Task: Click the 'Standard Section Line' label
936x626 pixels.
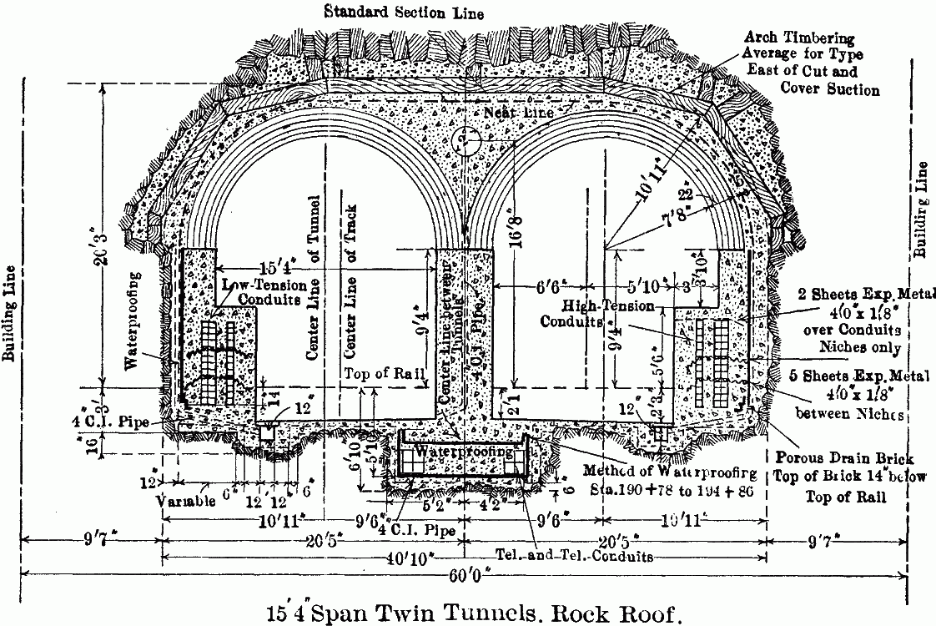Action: [405, 13]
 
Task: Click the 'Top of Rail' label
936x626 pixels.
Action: [380, 375]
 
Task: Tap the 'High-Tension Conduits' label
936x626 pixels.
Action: [596, 312]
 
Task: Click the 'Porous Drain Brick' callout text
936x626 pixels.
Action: [843, 457]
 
